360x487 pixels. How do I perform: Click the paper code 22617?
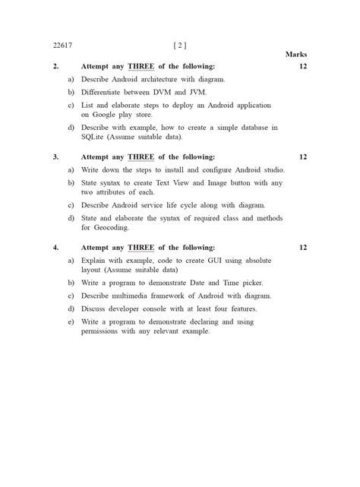pos(62,44)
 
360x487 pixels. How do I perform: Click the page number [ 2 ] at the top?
pos(180,44)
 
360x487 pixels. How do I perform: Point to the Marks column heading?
pos(295,55)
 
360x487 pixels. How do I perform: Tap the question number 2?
pos(56,66)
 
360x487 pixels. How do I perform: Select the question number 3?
pos(56,157)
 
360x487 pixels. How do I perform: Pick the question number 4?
pos(56,248)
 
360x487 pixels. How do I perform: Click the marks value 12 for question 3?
pos(302,157)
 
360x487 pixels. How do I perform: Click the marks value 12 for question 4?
pos(302,248)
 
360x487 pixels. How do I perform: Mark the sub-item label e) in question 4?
pos(71,321)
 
